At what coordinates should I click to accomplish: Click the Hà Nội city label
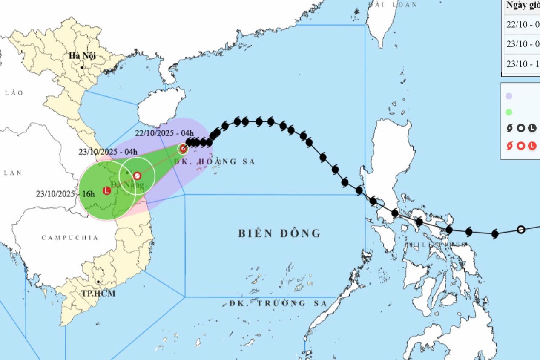click(83, 56)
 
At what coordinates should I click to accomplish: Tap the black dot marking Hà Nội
click(83, 67)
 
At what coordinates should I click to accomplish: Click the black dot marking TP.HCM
click(98, 282)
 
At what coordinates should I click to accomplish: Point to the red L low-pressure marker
click(107, 190)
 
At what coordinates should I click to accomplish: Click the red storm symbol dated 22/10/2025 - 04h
click(183, 149)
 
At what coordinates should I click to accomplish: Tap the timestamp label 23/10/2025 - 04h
click(108, 152)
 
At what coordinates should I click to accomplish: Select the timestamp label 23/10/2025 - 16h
click(65, 193)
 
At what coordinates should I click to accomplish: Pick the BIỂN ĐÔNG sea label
click(279, 233)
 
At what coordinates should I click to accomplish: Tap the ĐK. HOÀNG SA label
click(214, 161)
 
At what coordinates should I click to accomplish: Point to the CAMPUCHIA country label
click(69, 238)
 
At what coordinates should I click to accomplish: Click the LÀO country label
click(14, 93)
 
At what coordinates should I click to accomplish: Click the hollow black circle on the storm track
click(520, 230)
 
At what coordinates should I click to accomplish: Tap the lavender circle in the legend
click(508, 96)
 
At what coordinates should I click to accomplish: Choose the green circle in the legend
click(508, 112)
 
